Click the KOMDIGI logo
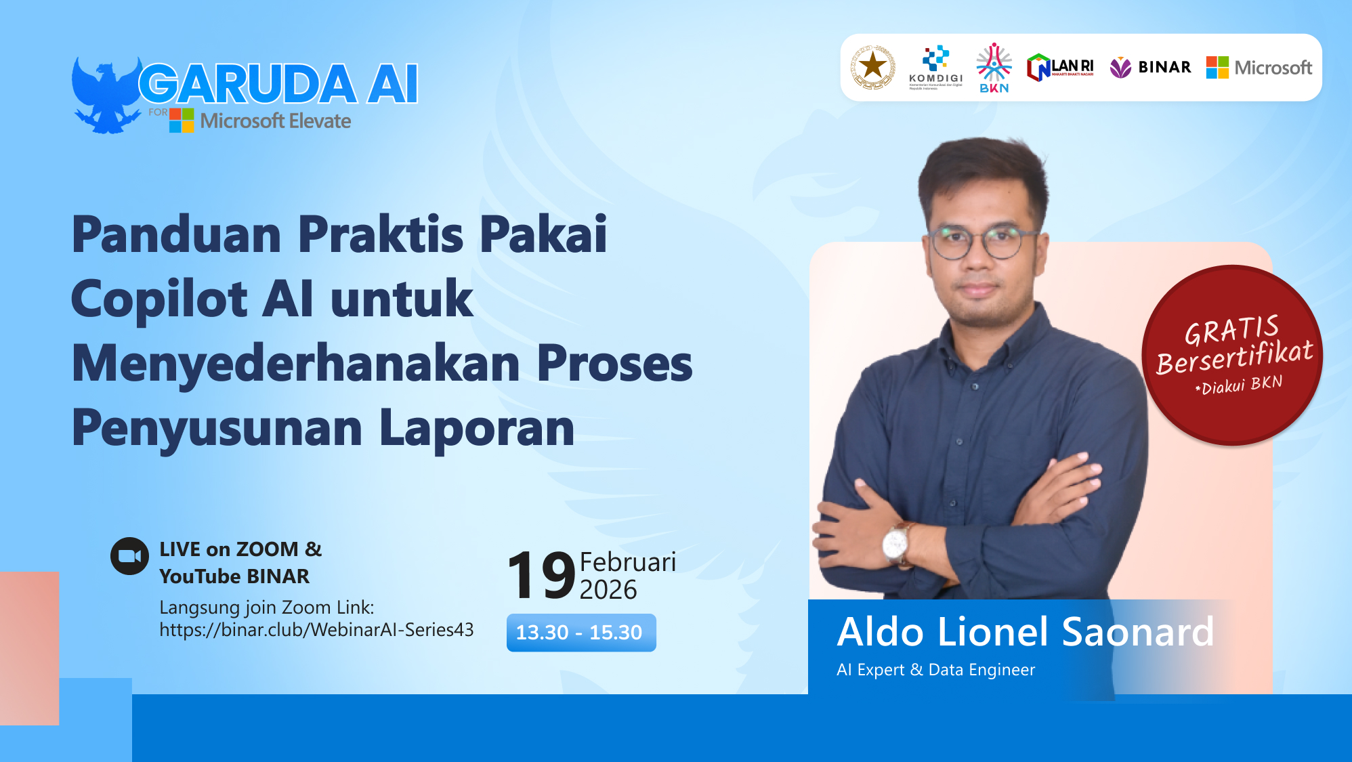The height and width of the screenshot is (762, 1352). (935, 67)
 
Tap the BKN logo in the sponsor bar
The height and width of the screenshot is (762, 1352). (994, 68)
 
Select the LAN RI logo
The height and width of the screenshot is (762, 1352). (1060, 68)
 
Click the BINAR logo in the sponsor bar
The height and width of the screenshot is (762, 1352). (1150, 67)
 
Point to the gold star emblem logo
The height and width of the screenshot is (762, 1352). (872, 67)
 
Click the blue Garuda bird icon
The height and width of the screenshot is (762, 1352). (105, 95)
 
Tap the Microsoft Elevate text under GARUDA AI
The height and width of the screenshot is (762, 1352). (275, 121)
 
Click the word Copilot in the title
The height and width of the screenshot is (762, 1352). (159, 299)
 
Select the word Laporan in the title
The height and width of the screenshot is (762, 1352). (477, 428)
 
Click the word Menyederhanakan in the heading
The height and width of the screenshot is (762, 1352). (296, 364)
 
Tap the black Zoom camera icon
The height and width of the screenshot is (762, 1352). (129, 556)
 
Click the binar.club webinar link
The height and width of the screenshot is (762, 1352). (316, 630)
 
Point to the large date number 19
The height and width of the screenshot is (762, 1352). (541, 575)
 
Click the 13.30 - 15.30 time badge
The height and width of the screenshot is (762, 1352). (580, 633)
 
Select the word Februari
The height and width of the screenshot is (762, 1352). (627, 562)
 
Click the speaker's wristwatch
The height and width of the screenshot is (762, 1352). (896, 543)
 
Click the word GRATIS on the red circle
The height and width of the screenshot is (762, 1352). (1231, 330)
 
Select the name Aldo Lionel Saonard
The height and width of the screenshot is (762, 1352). (1025, 632)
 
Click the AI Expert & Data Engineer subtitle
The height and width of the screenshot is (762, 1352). (935, 670)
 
